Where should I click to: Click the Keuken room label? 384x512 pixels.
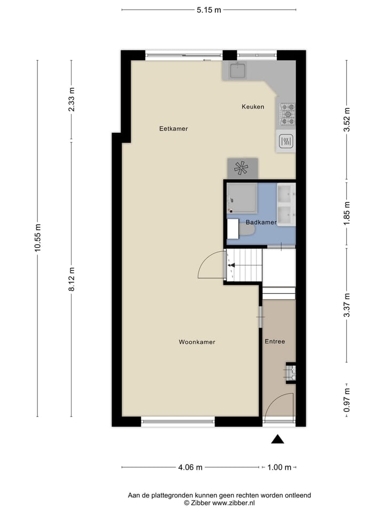(252, 107)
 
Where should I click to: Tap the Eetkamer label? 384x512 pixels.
(173, 129)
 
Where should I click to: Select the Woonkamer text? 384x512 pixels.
(197, 342)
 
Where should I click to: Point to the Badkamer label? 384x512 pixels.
(261, 222)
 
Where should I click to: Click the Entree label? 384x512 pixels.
(275, 341)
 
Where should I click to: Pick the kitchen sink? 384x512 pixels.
(238, 70)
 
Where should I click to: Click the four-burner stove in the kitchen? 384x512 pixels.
(287, 114)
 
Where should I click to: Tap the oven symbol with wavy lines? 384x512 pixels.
(286, 141)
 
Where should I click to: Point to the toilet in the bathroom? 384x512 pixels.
(247, 229)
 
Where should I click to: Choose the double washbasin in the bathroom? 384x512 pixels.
(286, 204)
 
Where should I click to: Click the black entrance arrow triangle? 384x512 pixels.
(277, 439)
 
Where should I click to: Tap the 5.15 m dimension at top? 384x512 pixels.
(209, 9)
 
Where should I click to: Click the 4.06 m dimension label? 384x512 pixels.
(190, 468)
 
